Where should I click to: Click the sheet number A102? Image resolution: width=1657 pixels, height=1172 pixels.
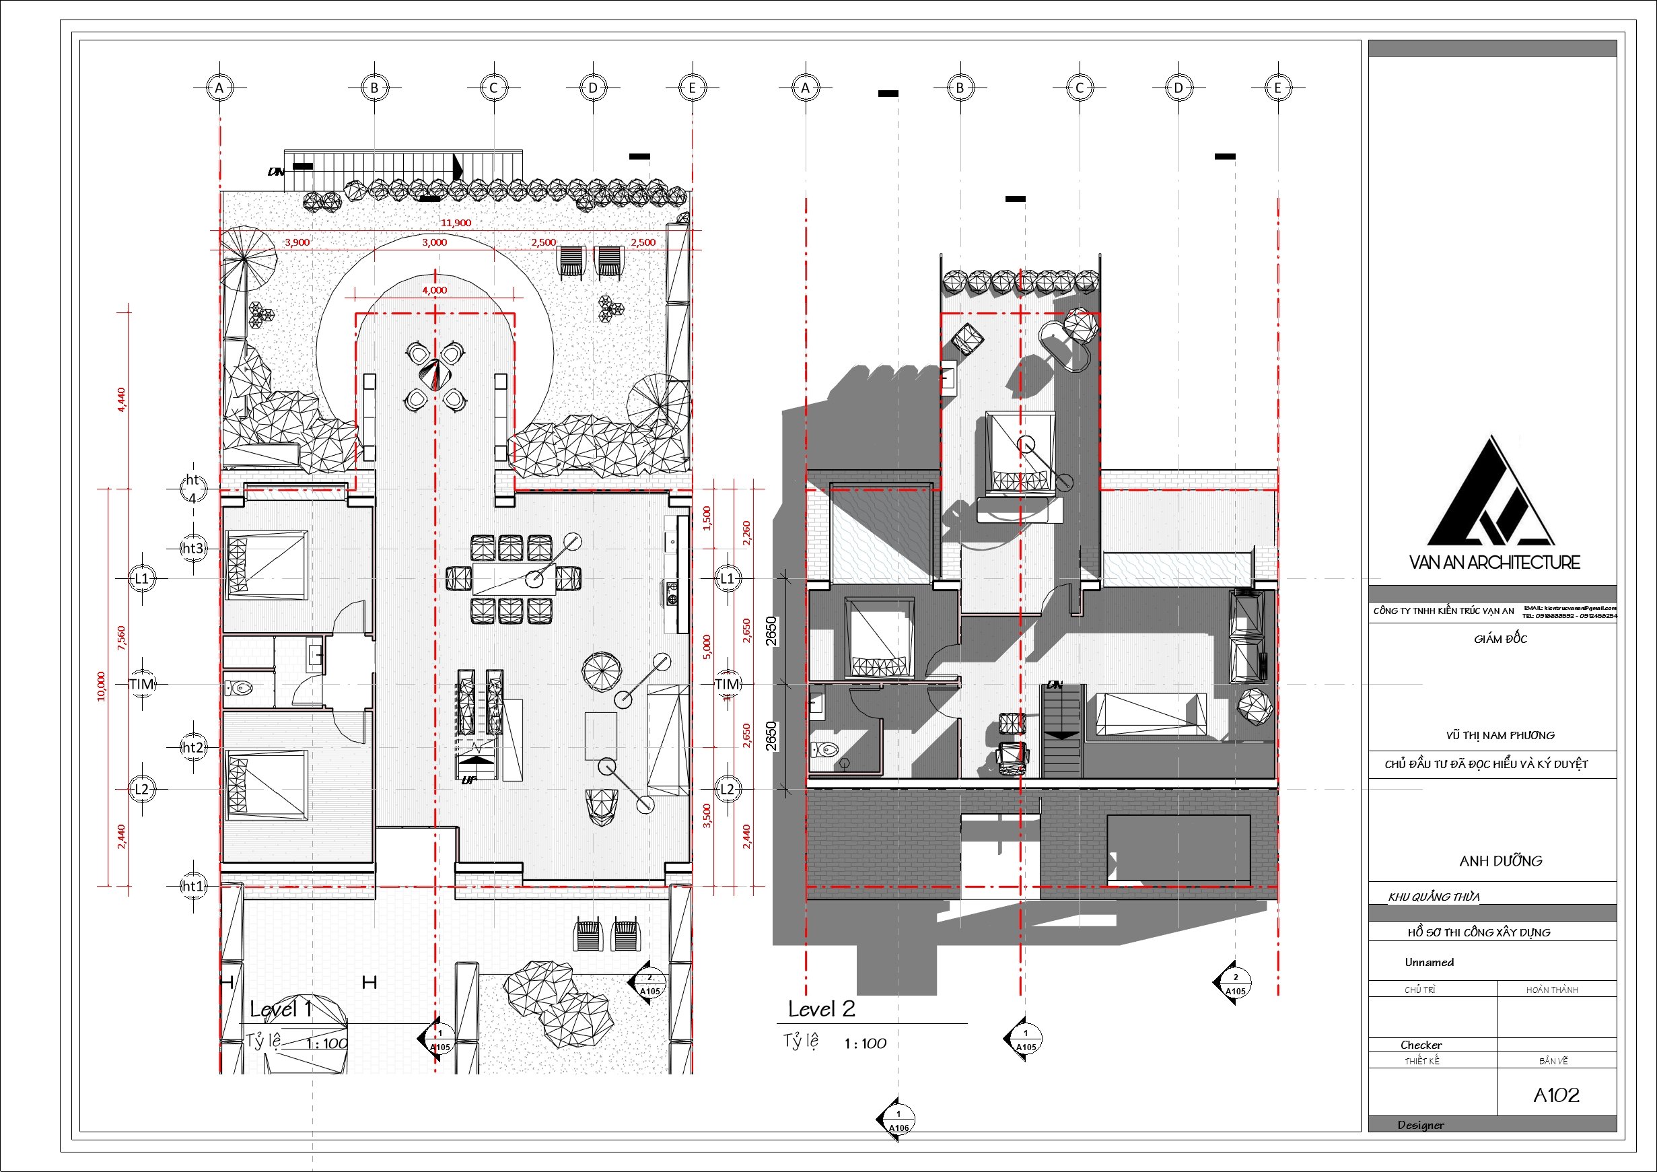(1556, 1095)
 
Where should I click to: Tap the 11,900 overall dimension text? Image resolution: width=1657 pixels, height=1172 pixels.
(456, 223)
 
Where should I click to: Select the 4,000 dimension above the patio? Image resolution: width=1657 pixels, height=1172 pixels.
(435, 290)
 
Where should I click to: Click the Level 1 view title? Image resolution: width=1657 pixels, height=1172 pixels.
(281, 1009)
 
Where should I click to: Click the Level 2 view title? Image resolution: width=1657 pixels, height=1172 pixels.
(821, 1009)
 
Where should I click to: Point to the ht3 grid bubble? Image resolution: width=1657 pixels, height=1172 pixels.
(192, 549)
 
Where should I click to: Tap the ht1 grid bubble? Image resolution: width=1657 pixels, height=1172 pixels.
(192, 885)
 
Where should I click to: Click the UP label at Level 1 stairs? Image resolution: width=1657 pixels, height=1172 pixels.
(468, 780)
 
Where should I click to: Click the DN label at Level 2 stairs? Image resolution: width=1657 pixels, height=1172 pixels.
(1055, 684)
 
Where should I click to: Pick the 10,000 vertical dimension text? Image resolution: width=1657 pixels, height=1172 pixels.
(101, 685)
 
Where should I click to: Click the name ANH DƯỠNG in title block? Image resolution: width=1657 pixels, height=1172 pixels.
(1500, 861)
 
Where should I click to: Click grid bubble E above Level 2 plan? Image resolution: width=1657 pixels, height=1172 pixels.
(1277, 88)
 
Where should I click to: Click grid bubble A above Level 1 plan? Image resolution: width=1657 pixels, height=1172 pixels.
(219, 88)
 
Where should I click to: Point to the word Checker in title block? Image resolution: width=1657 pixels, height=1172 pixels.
(1421, 1045)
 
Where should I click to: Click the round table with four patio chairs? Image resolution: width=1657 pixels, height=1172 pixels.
(435, 375)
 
